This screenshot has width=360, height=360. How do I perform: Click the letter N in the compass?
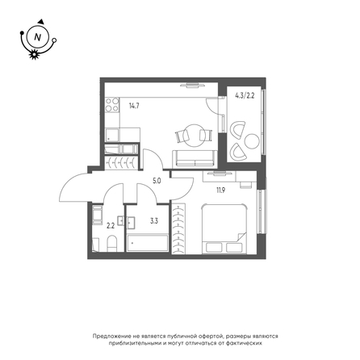[38, 37]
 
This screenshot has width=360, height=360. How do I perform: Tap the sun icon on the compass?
[34, 55]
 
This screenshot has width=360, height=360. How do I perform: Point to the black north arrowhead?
[41, 22]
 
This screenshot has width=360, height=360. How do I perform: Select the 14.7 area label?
[134, 106]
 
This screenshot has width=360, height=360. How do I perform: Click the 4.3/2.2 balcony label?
[245, 96]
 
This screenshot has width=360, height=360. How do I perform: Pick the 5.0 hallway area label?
[157, 181]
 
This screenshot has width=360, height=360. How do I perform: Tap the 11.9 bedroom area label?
[221, 190]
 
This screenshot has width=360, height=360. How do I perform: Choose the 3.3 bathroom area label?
[154, 221]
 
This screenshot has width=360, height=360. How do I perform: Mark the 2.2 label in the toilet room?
[111, 226]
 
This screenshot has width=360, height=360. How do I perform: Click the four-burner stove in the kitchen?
[112, 105]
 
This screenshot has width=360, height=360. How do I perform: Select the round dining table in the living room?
[194, 136]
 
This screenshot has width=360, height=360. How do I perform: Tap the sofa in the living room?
[195, 158]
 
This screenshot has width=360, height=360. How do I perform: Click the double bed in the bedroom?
[224, 228]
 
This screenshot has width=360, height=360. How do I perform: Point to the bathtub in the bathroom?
[148, 243]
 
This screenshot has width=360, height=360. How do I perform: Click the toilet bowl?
[111, 243]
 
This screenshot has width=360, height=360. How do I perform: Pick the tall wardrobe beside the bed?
[178, 228]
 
